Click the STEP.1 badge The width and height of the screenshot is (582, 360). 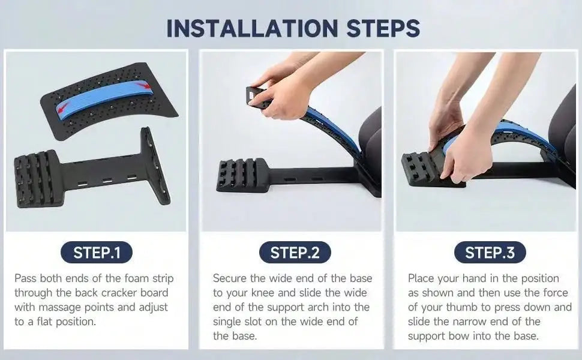click(97, 253)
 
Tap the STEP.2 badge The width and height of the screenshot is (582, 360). click(295, 253)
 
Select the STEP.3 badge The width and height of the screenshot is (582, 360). click(490, 253)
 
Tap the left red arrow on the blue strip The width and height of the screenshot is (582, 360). click(61, 107)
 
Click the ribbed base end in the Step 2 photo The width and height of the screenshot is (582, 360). click(240, 175)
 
